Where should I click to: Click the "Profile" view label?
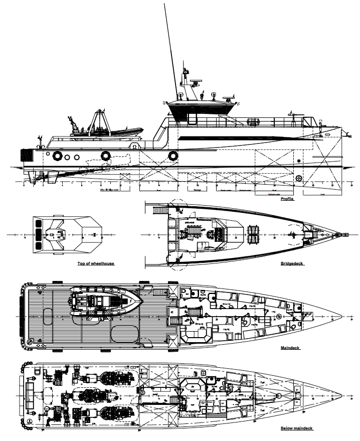click(287, 199)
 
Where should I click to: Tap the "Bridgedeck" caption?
click(293, 263)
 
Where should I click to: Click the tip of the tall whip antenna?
click(165, 4)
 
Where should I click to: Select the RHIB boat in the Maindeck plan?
click(105, 301)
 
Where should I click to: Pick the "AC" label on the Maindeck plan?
click(172, 311)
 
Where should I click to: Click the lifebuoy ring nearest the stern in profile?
click(57, 156)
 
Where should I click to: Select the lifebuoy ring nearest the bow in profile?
click(173, 156)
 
